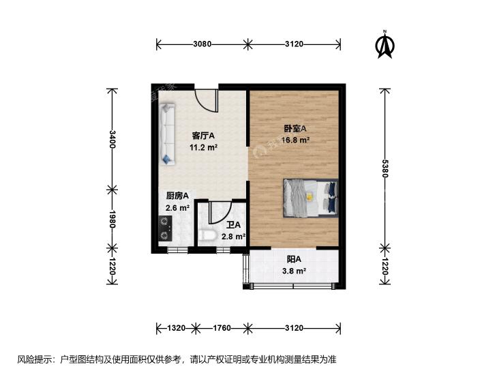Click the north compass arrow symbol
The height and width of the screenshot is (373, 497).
pyautogui.click(x=385, y=44)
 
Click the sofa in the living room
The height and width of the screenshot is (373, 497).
pyautogui.click(x=167, y=134)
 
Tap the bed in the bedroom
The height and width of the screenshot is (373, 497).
pyautogui.click(x=311, y=198)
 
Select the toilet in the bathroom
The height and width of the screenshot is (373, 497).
pyautogui.click(x=209, y=235)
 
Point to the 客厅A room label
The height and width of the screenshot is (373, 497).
pyautogui.click(x=203, y=136)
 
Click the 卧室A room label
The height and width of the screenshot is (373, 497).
pyautogui.click(x=295, y=129)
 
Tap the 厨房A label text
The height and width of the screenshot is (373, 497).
pyautogui.click(x=177, y=196)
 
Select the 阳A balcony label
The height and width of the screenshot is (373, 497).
pyautogui.click(x=294, y=259)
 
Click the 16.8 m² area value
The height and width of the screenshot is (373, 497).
pyautogui.click(x=295, y=140)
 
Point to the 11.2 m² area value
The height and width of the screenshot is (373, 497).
pyautogui.click(x=203, y=147)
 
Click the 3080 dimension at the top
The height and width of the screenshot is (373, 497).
pyautogui.click(x=202, y=44)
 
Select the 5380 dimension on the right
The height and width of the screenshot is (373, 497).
pyautogui.click(x=385, y=168)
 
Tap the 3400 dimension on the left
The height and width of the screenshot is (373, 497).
pyautogui.click(x=112, y=139)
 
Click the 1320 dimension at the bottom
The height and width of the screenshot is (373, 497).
pyautogui.click(x=176, y=328)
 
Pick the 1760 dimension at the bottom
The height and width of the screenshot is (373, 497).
pyautogui.click(x=222, y=328)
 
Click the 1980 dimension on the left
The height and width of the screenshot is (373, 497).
pyautogui.click(x=112, y=219)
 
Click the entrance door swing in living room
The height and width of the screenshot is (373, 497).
pyautogui.click(x=207, y=101)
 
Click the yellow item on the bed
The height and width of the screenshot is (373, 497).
pyautogui.click(x=310, y=197)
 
